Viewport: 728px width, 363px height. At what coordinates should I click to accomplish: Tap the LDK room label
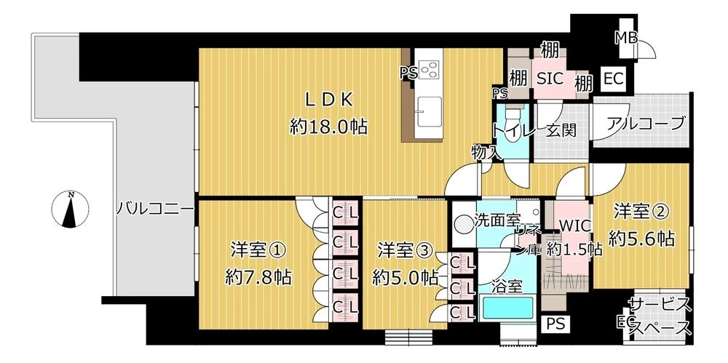point(329,100)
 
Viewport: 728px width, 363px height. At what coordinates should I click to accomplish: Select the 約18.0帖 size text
point(329,126)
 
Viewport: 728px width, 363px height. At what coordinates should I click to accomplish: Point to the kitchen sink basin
point(429,111)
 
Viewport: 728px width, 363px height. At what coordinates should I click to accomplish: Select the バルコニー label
point(155,209)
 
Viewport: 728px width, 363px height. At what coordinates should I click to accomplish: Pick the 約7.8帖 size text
point(258,278)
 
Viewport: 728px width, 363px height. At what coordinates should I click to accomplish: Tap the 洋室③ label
point(405,251)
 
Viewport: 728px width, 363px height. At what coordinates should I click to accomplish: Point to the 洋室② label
point(641,212)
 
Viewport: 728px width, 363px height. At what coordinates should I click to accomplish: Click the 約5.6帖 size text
point(641,239)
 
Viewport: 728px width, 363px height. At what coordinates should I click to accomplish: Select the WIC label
point(574,226)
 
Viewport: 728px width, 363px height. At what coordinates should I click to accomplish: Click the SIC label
point(550,79)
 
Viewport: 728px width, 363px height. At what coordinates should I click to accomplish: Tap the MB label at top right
point(626,38)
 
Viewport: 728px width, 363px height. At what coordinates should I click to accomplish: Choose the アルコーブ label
point(646,123)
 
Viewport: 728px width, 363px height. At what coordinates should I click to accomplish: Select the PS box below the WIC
point(555,324)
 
